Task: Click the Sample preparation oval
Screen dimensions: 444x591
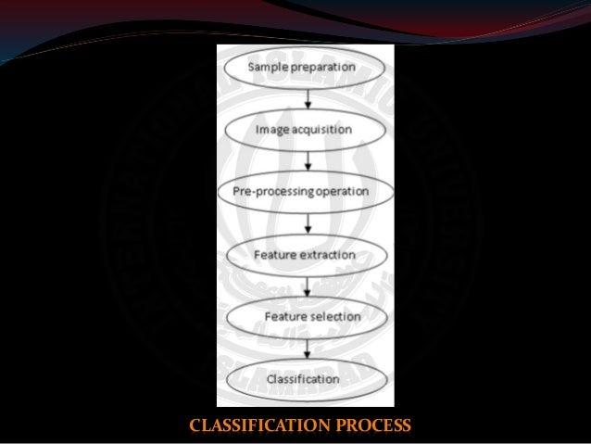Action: pos(305,68)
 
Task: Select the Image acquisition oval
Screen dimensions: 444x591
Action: pos(305,130)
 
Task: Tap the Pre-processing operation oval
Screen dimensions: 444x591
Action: pos(305,192)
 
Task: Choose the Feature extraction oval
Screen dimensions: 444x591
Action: pos(305,254)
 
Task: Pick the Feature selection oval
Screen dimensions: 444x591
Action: pos(305,317)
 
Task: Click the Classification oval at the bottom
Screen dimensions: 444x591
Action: pos(305,379)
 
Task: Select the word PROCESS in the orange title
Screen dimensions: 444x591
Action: pos(368,427)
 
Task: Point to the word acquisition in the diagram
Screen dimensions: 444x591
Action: pos(321,130)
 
